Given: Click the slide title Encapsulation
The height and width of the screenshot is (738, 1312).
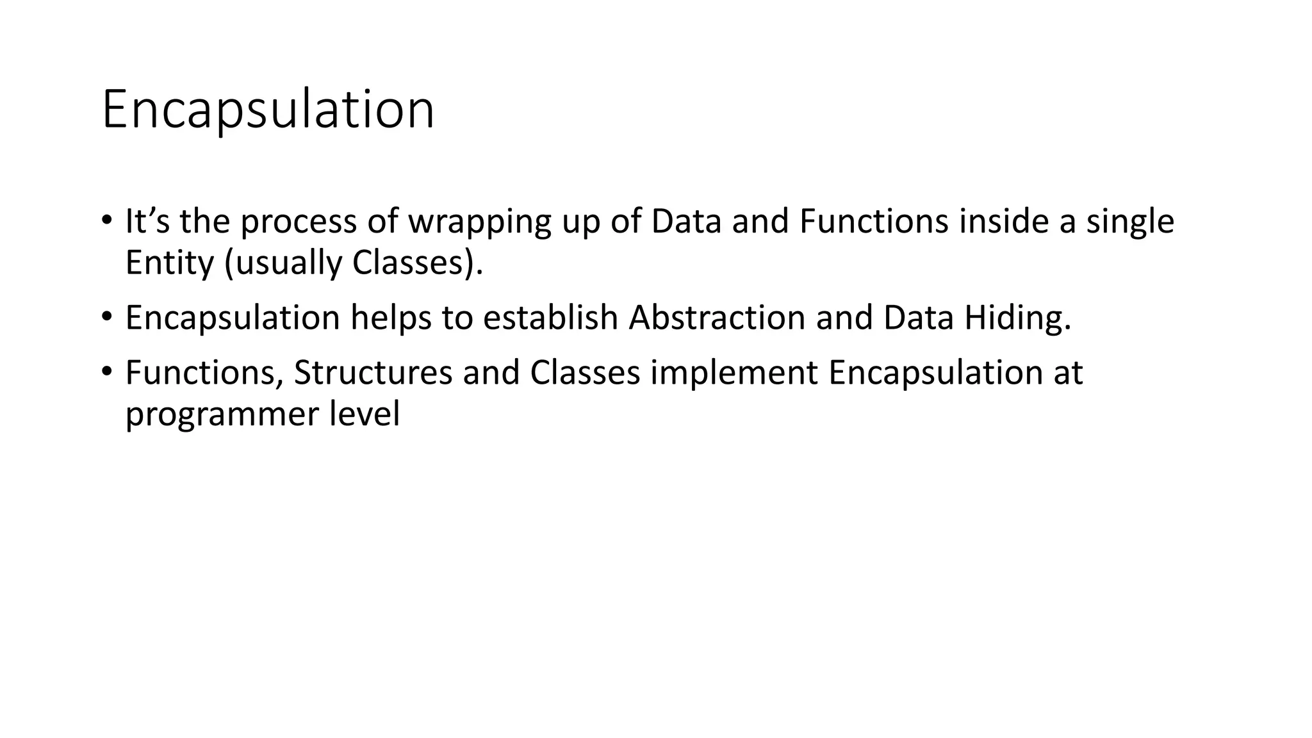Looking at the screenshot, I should click(268, 110).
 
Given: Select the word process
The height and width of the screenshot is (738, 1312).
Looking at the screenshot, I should click(298, 222).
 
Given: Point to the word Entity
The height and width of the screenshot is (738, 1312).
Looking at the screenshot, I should click(169, 263).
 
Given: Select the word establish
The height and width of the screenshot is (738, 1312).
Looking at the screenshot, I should click(550, 318).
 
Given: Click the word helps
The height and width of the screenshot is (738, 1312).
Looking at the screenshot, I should click(390, 318).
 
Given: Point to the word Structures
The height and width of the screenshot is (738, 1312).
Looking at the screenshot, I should click(373, 373).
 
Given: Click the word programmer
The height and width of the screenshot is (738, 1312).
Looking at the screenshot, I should click(221, 414).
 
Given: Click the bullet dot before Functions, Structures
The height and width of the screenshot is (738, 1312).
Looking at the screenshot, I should click(106, 372).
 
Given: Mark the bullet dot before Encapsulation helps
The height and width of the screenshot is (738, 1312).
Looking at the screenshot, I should click(106, 316).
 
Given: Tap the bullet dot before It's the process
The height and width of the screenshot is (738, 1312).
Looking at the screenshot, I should click(106, 220).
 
